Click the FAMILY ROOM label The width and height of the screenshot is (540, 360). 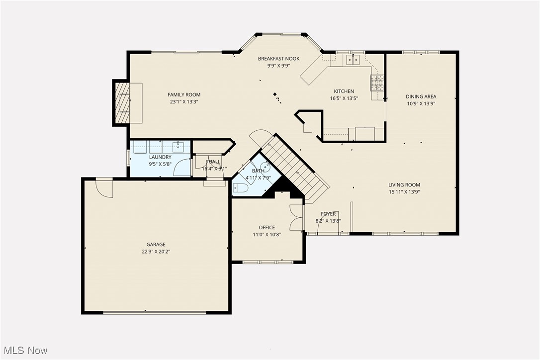184,94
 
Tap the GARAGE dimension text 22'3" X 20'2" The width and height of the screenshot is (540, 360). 156,251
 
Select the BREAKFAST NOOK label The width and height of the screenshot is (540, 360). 278,59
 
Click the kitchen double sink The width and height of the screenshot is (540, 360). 353,60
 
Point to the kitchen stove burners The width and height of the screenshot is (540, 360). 377,83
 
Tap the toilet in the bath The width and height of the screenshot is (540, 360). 240,188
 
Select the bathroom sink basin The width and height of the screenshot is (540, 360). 265,167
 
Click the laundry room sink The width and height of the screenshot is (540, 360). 179,146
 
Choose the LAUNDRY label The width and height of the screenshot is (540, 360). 160,157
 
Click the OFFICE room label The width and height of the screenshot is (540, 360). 267,228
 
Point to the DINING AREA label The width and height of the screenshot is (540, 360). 421,97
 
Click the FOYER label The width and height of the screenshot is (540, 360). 328,214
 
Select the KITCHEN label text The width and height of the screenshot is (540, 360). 344,91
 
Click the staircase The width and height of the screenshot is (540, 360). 293,167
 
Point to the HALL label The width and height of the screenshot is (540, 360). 214,162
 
